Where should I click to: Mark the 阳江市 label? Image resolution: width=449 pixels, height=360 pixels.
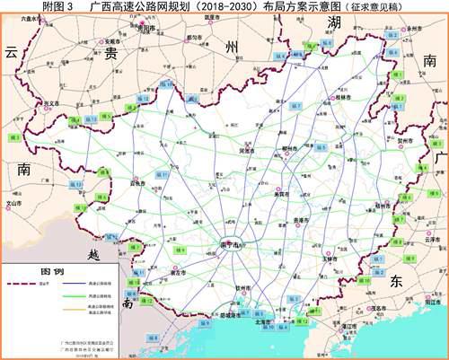tap(432, 303)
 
